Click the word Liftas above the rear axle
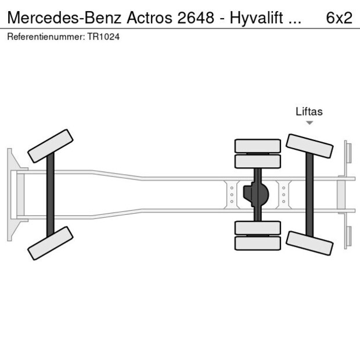click(309, 111)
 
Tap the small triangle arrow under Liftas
click(309, 123)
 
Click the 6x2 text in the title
click(339, 17)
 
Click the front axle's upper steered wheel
click(51, 146)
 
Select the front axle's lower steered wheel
click(51, 243)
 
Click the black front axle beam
click(51, 195)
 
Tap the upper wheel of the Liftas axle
click(309, 146)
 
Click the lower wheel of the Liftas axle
click(309, 243)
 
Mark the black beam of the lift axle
click(309, 195)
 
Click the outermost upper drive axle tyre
click(257, 145)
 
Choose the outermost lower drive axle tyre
click(257, 243)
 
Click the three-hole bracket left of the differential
click(232, 195)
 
